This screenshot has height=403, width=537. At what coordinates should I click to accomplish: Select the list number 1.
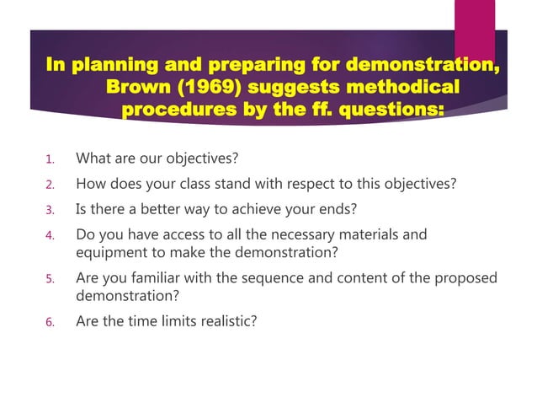point(50,159)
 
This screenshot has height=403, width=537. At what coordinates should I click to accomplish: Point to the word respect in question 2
point(322,184)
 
